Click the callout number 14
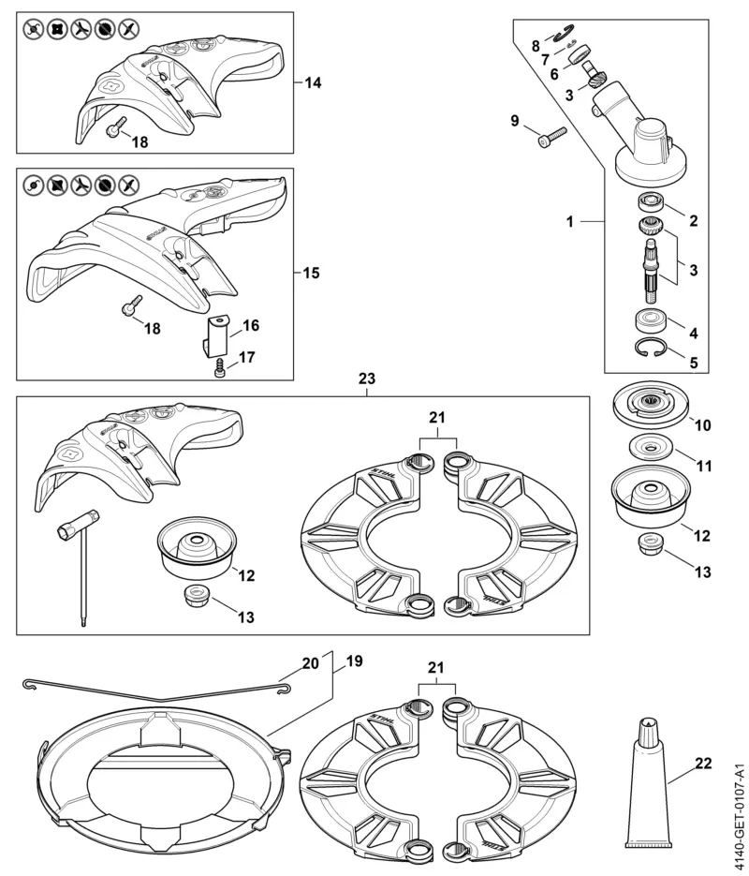pyautogui.click(x=313, y=83)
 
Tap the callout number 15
pyautogui.click(x=313, y=274)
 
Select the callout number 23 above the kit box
pyautogui.click(x=367, y=380)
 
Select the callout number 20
pyautogui.click(x=310, y=661)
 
